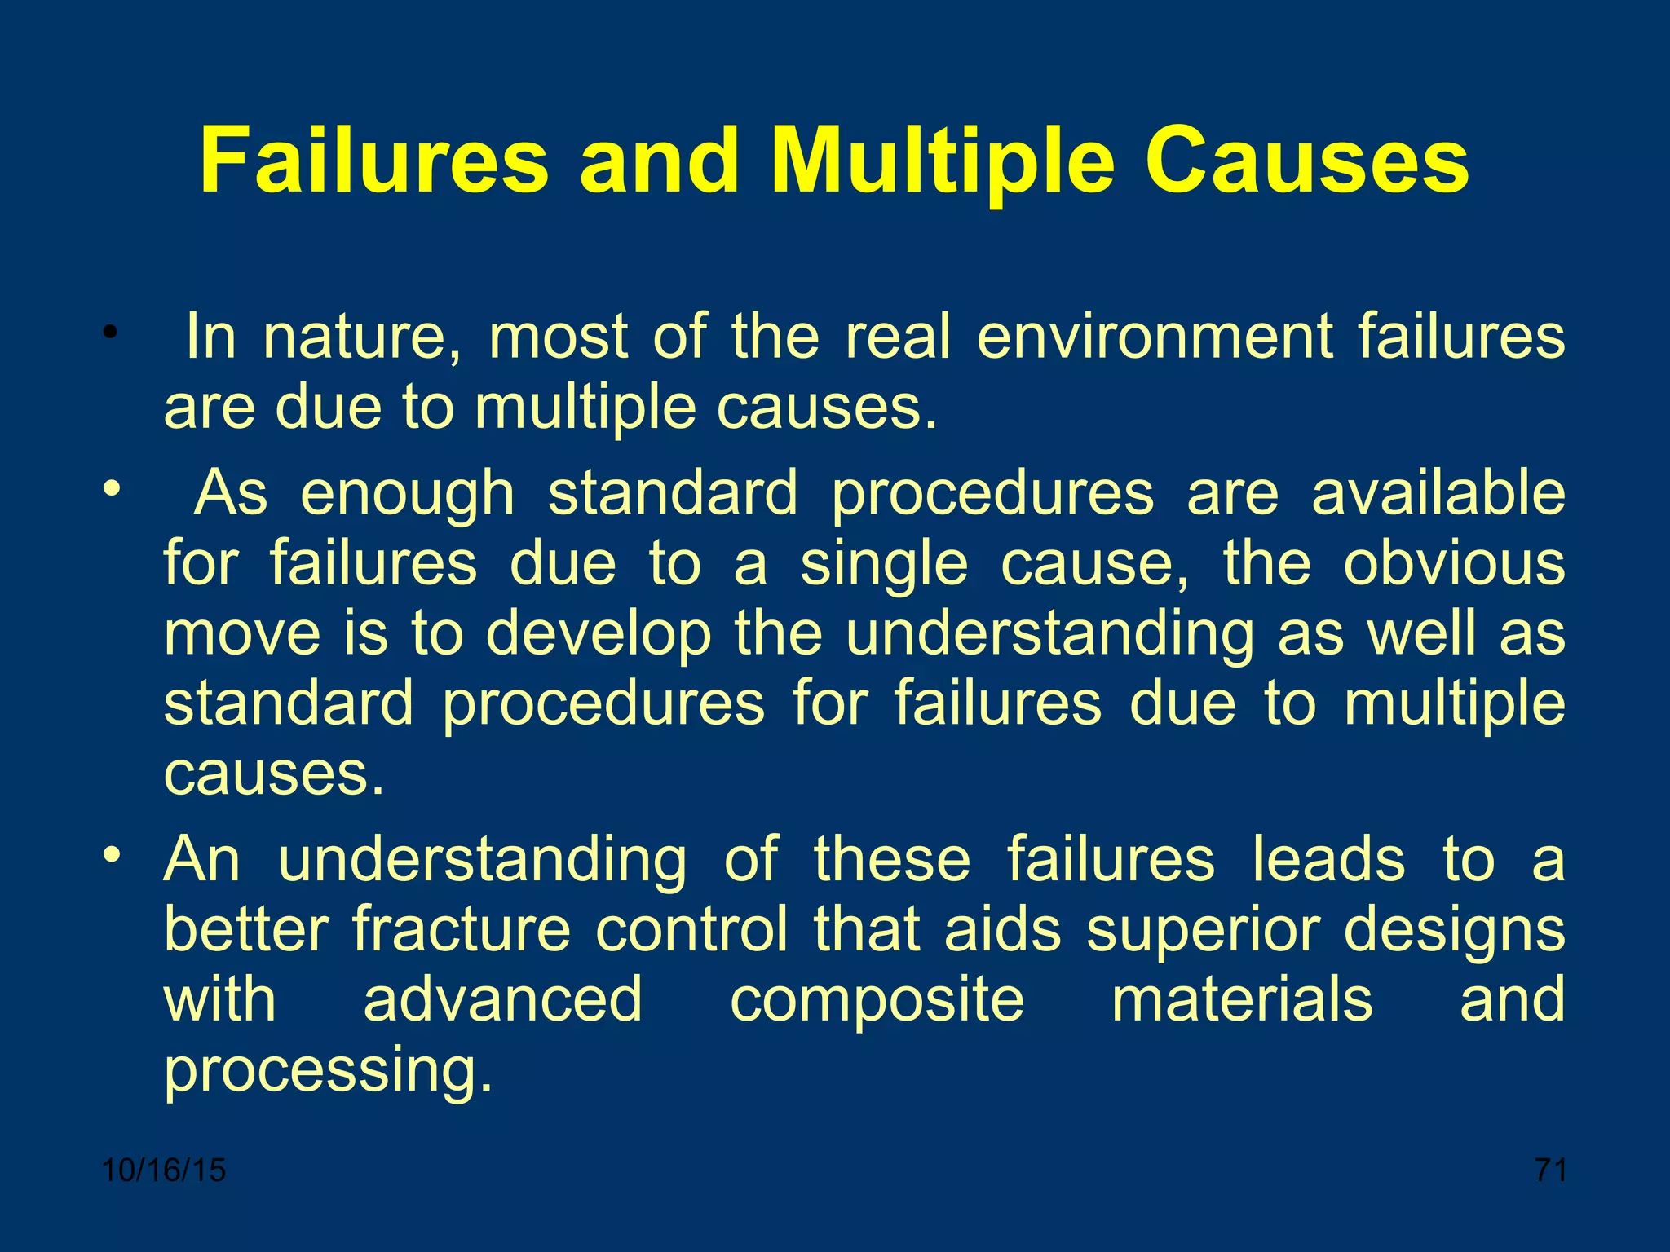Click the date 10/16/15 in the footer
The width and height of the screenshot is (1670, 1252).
[x=164, y=1170]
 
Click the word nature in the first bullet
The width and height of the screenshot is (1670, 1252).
[x=361, y=337]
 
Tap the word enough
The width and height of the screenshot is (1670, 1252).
[x=408, y=494]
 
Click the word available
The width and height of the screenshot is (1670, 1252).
[x=1438, y=494]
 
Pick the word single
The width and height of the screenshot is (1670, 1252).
[x=884, y=564]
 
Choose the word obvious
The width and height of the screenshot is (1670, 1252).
[x=1454, y=564]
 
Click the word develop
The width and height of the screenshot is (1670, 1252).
[x=599, y=634]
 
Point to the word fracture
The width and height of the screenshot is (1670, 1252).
[x=462, y=929]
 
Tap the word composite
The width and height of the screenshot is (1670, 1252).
[x=877, y=1001]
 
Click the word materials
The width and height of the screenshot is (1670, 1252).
[x=1242, y=999]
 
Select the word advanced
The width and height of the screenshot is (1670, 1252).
[x=502, y=999]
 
